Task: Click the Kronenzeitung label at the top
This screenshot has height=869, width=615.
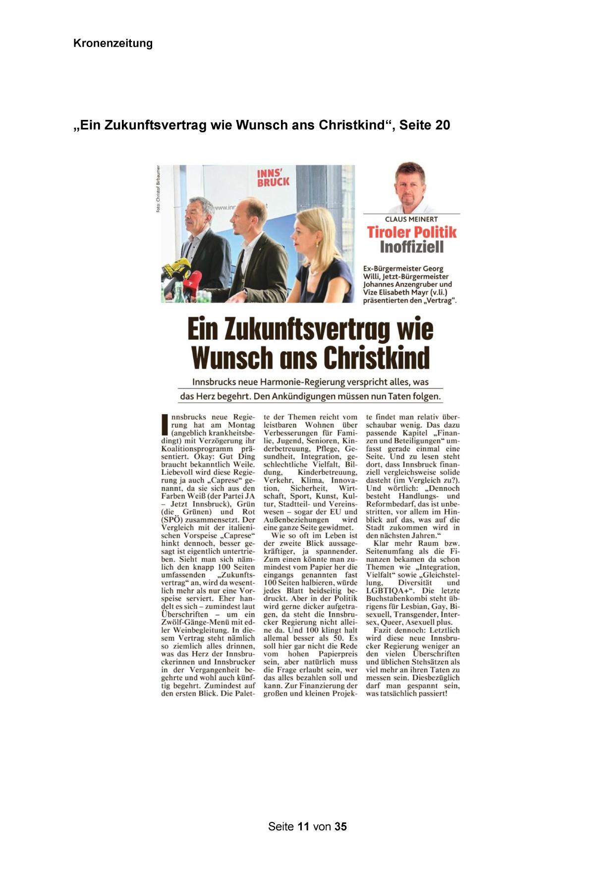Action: pos(112,43)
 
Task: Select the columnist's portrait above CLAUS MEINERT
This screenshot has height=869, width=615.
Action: pos(411,188)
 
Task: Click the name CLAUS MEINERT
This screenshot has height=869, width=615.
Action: pos(411,219)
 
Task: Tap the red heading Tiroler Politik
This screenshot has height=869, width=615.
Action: pos(411,232)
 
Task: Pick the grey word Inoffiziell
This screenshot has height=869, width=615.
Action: pos(411,247)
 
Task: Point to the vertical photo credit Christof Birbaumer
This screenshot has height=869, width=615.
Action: pos(159,189)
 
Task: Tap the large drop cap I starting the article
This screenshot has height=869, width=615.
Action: pos(165,425)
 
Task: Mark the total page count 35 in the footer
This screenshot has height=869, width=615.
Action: pos(340,826)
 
